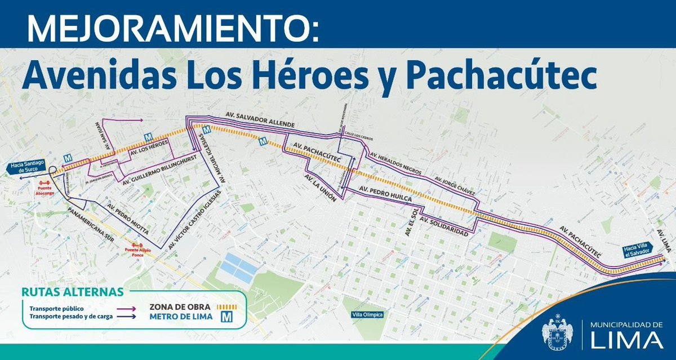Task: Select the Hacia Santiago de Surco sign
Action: pyautogui.click(x=27, y=166)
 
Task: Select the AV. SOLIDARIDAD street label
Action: pyautogui.click(x=444, y=225)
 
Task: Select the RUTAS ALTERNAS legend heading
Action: pyautogui.click(x=72, y=292)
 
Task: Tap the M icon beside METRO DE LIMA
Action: pyautogui.click(x=227, y=317)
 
